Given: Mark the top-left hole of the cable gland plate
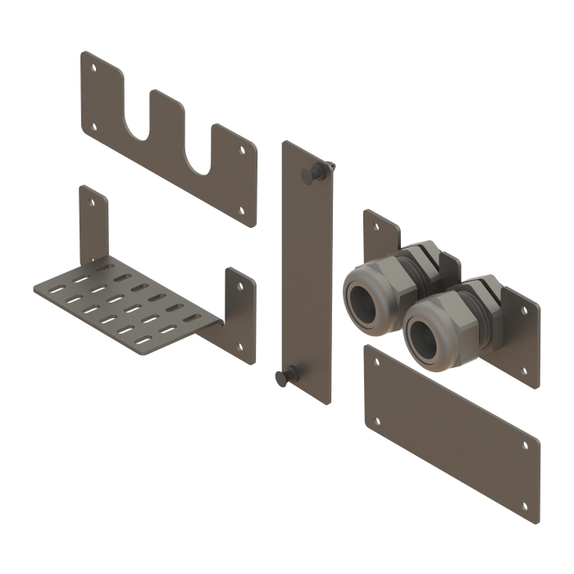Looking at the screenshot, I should (371, 221).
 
